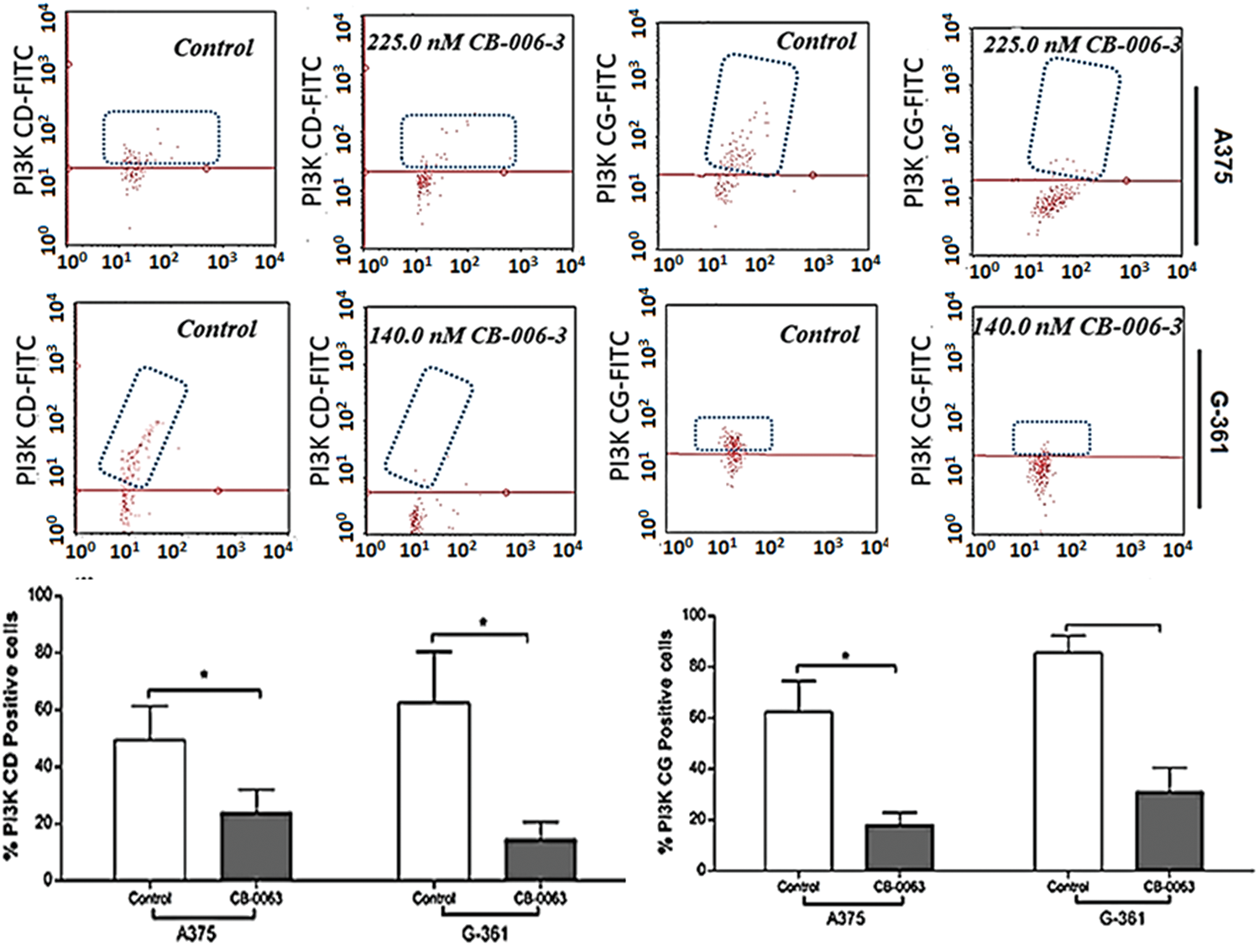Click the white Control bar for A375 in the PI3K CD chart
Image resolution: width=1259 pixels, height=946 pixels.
[149, 809]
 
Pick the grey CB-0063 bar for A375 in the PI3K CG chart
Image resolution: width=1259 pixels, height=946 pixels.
[899, 847]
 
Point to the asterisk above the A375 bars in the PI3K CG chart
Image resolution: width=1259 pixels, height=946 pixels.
[846, 656]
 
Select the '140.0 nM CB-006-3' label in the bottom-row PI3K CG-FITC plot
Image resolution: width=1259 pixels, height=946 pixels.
[1077, 327]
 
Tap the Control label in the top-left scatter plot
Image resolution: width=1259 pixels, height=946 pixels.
[213, 48]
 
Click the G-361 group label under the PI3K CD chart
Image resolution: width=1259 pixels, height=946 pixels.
[484, 932]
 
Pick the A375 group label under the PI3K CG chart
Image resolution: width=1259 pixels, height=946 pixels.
[846, 918]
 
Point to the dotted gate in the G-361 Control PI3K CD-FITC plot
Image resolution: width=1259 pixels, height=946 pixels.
[143, 426]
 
